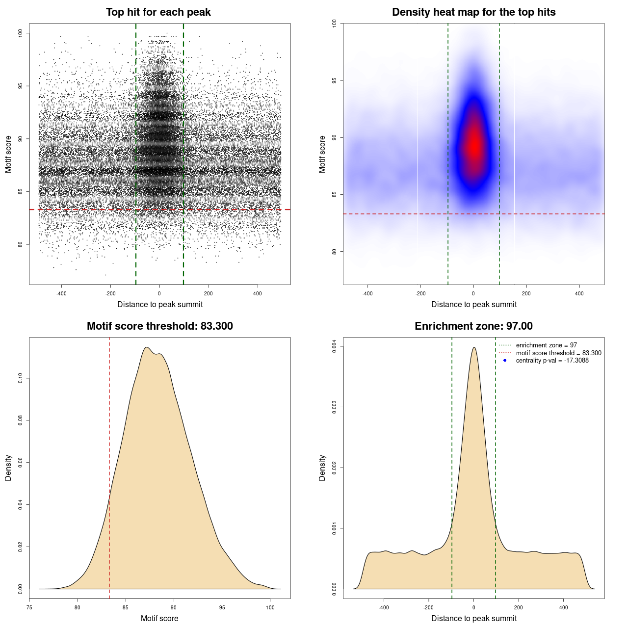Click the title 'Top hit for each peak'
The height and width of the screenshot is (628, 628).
158,12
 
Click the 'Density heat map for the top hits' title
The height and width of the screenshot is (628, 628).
473,12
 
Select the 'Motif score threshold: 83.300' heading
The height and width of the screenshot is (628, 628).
159,326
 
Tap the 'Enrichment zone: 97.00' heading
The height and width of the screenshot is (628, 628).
473,326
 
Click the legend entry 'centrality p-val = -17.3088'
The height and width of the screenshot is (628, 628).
552,361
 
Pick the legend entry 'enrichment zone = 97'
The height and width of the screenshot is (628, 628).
546,345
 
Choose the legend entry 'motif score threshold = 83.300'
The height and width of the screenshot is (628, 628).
558,353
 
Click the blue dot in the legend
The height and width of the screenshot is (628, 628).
505,361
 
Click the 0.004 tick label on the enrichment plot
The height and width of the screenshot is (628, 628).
334,346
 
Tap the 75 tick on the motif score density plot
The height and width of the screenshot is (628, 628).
29,607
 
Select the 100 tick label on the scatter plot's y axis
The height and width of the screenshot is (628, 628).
20,33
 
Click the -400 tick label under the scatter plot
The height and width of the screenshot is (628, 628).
61,293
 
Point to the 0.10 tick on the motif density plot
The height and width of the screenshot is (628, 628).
20,378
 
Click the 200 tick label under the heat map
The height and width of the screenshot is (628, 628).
526,293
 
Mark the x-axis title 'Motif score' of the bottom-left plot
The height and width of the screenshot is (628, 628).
159,618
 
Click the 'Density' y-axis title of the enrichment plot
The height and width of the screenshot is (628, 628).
322,468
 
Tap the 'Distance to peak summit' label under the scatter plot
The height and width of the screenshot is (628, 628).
160,304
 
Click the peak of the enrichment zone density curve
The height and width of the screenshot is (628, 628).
474,347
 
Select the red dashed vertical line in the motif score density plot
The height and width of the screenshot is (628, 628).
109,466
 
